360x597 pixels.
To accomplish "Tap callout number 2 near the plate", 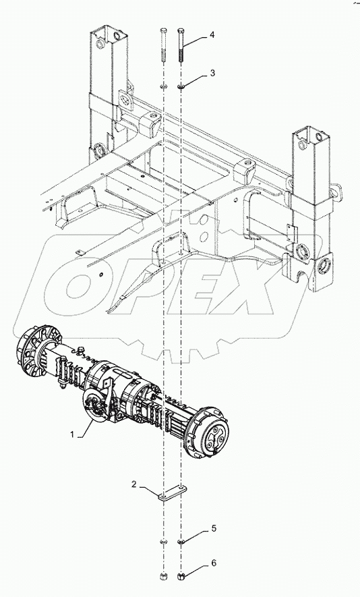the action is coord(134,484).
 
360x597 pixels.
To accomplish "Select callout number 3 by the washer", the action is coord(212,73).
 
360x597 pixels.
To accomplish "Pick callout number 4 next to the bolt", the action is coord(212,35).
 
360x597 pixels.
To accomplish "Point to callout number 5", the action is coord(214,528).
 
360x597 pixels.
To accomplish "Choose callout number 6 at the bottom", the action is coord(214,563).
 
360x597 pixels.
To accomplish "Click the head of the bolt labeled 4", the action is coord(181,30).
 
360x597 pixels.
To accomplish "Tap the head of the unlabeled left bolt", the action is coord(163,30).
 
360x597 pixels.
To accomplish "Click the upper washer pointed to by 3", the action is coord(181,88).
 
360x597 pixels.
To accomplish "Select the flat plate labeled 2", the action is coord(173,492).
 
